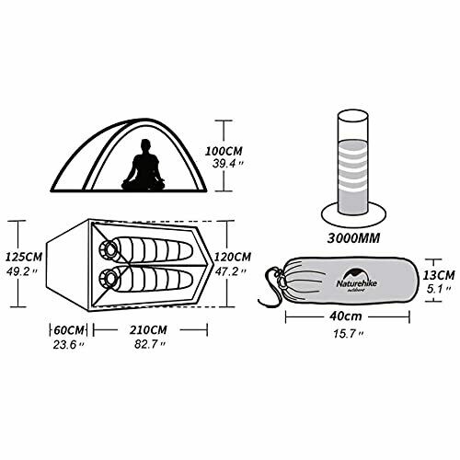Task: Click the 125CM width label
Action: point(22,258)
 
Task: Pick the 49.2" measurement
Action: point(22,272)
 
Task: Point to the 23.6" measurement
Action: point(65,345)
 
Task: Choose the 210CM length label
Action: point(149,329)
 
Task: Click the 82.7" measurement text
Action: point(149,345)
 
